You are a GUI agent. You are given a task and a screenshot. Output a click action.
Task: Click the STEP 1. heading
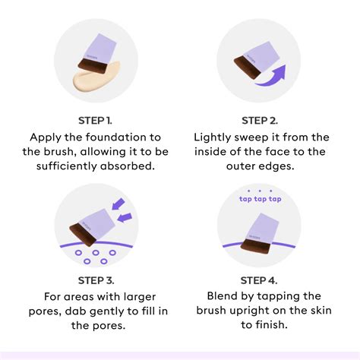[x=95, y=121]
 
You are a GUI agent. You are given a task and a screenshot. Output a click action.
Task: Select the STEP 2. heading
[x=260, y=121]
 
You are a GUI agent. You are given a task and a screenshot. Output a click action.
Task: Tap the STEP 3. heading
[x=96, y=280]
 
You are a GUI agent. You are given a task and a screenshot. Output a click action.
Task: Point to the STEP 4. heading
[x=259, y=280]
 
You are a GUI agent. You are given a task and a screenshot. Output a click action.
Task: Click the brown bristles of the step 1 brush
[x=92, y=66]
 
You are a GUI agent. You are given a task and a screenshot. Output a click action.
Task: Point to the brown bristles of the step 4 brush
[x=255, y=246]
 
